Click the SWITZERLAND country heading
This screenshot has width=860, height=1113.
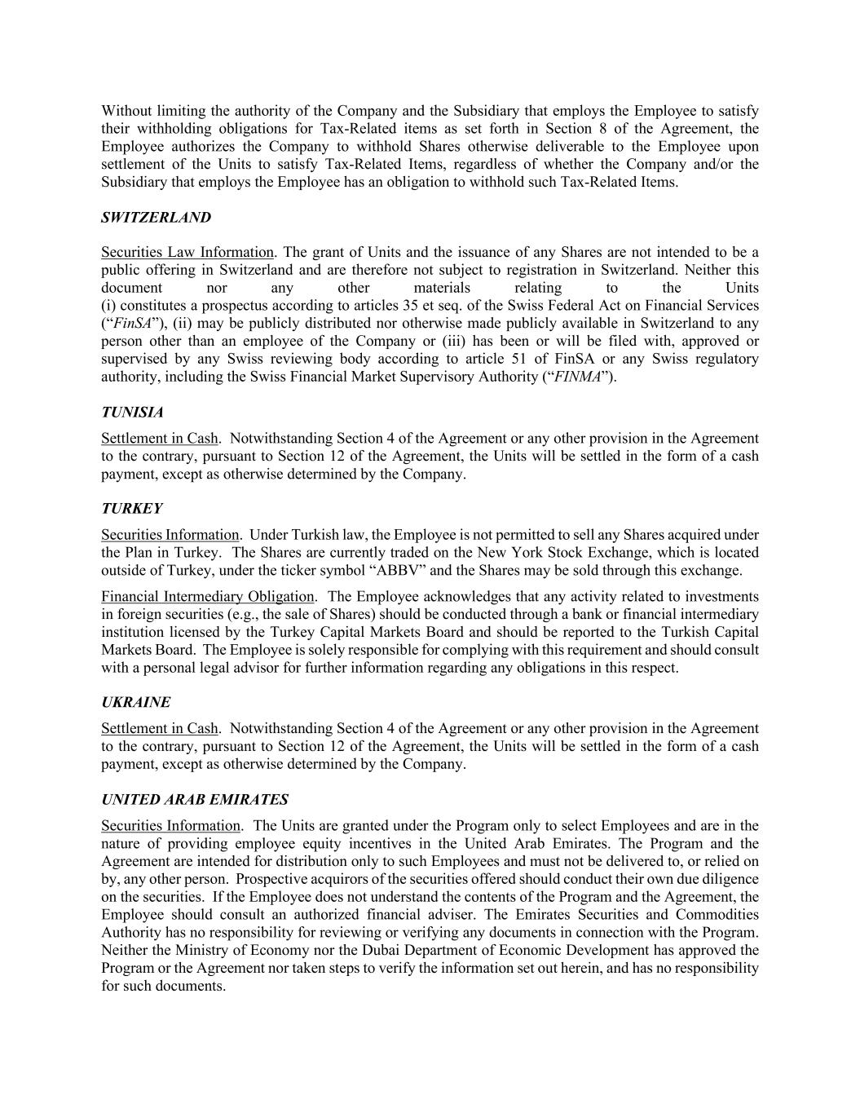(156, 218)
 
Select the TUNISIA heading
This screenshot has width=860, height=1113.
(132, 413)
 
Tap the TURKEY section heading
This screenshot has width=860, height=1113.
(132, 509)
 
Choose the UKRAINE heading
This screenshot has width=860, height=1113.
(136, 703)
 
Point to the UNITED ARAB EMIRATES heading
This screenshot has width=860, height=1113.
(195, 800)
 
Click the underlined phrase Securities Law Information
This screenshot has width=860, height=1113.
(187, 253)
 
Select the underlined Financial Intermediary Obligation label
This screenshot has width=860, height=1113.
(207, 597)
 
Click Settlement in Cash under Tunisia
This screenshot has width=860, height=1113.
(160, 439)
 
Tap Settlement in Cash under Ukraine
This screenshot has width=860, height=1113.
(160, 729)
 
